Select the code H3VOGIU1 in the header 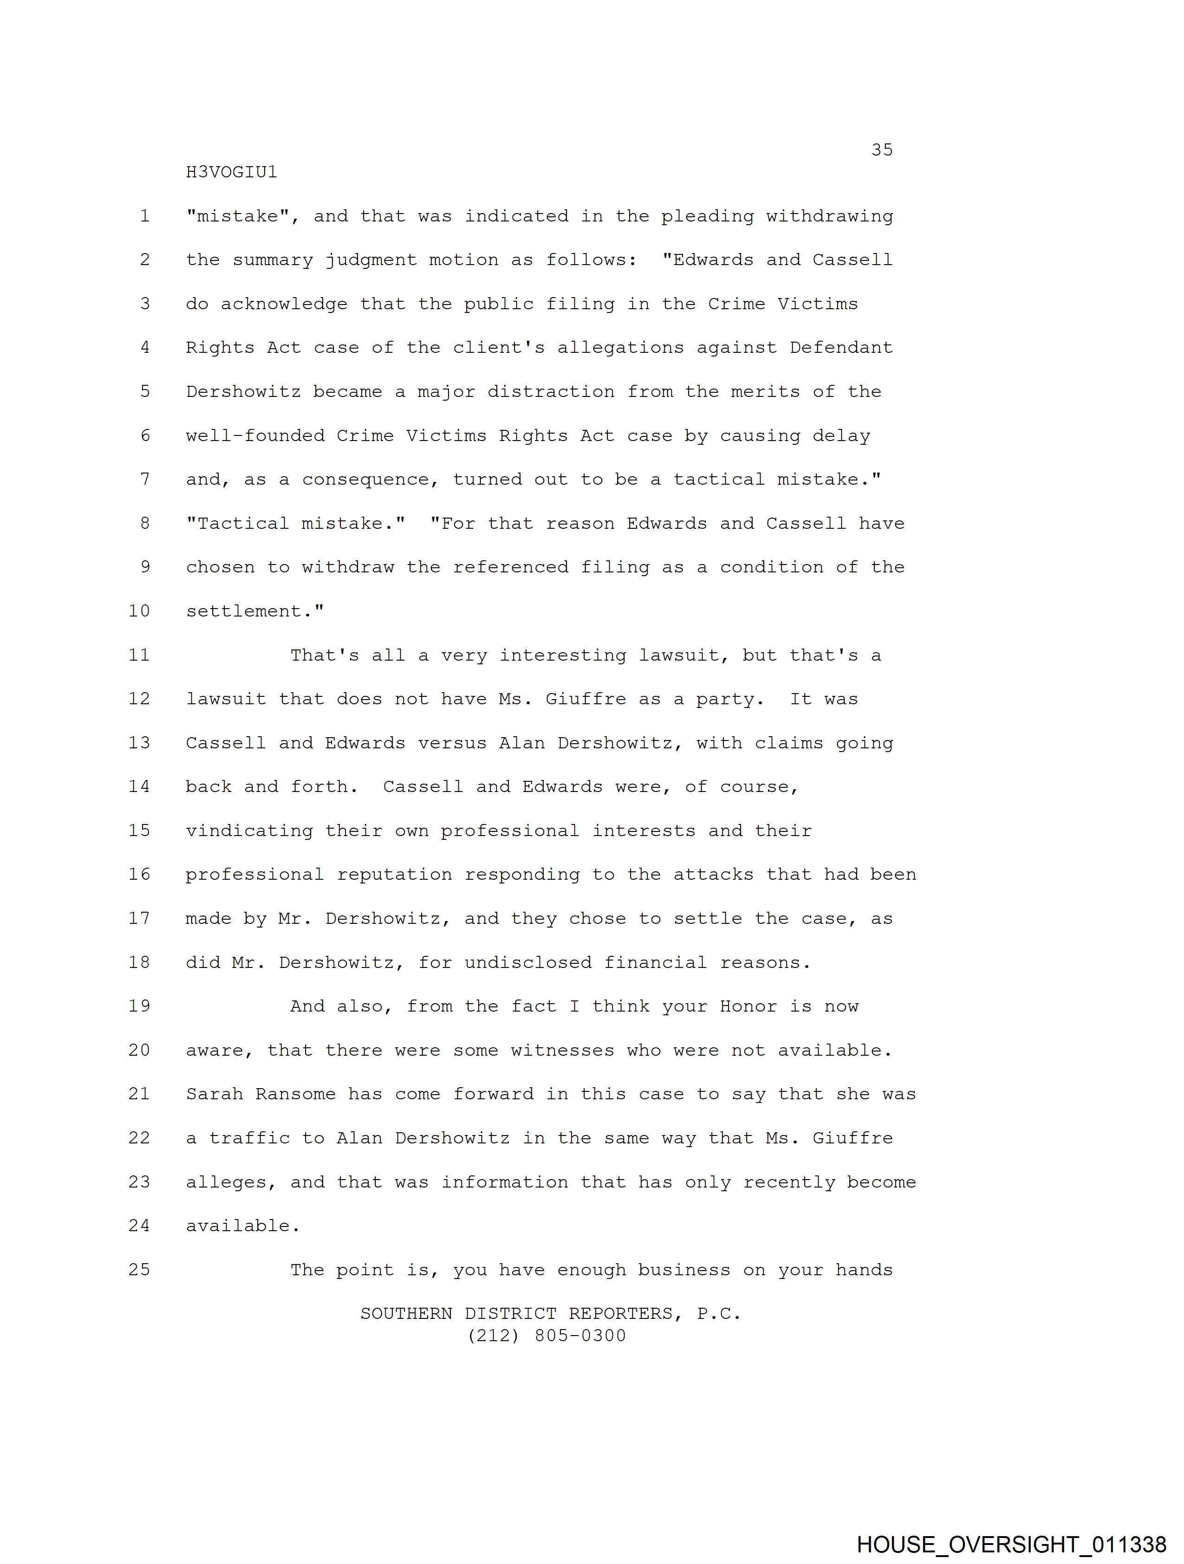click(231, 173)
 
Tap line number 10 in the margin click(139, 611)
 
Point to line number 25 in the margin click(139, 1269)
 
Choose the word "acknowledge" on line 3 click(284, 304)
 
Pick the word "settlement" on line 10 click(249, 611)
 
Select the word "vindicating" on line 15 click(249, 831)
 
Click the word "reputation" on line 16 click(394, 875)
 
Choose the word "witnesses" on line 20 click(562, 1050)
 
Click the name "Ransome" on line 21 click(296, 1094)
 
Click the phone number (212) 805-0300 click(547, 1336)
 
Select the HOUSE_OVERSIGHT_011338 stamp click(1011, 1544)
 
